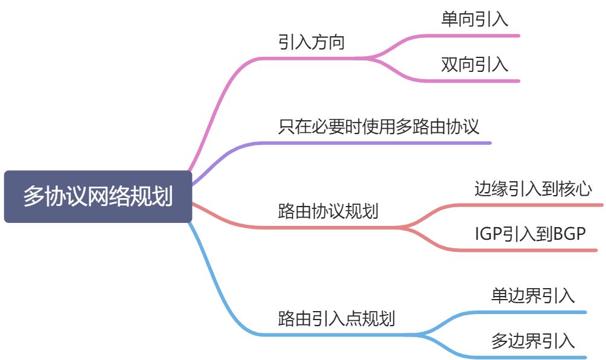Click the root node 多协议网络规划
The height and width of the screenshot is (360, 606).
[x=98, y=197]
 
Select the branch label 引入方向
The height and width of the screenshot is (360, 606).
[x=311, y=43]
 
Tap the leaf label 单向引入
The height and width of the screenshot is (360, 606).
[x=474, y=19]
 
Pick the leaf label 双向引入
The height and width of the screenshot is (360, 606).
[x=474, y=65]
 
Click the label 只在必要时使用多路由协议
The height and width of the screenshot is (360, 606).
[x=378, y=127]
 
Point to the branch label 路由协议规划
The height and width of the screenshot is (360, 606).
[x=328, y=211]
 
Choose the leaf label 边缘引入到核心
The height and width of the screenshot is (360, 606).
[x=532, y=189]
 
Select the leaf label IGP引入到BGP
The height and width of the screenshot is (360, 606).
[x=531, y=234]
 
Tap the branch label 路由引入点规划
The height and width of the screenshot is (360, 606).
[x=336, y=318]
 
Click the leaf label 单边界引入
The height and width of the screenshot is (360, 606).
[x=532, y=296]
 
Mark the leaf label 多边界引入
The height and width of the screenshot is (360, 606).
[x=532, y=341]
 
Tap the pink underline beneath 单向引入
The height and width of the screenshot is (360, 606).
[x=477, y=36]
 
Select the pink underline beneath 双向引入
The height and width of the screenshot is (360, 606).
[x=477, y=81]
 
